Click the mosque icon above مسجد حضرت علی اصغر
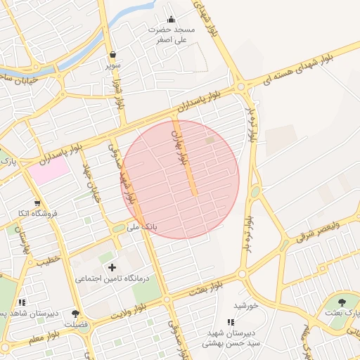pos(171,20)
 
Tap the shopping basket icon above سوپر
pos(112,54)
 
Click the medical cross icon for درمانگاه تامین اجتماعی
pos(112,267)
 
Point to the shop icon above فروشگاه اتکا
pos(37,203)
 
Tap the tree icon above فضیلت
pos(76,314)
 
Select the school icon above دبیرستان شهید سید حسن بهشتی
pos(231,322)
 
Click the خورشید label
pos(247,306)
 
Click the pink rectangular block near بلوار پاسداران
pos(49,170)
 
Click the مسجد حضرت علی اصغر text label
pos(172,35)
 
